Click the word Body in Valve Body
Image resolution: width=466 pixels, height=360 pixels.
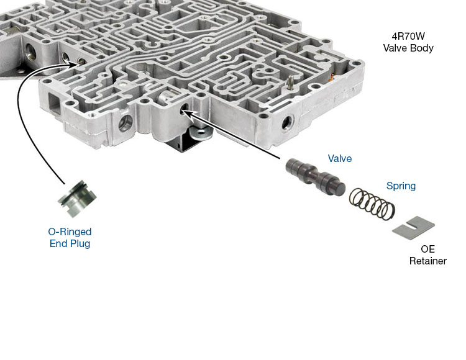tap(419, 48)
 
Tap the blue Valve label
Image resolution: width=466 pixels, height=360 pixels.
tap(339, 159)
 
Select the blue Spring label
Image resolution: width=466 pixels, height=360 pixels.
tap(401, 186)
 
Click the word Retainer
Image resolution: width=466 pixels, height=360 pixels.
tap(427, 261)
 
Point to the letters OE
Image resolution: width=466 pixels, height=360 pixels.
tap(428, 249)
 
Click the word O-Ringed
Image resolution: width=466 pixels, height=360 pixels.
tap(70, 232)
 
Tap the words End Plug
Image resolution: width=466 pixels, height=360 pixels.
tap(70, 244)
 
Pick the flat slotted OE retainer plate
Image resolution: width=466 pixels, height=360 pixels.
tap(414, 225)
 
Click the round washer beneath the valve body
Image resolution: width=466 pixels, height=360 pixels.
tap(198, 131)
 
